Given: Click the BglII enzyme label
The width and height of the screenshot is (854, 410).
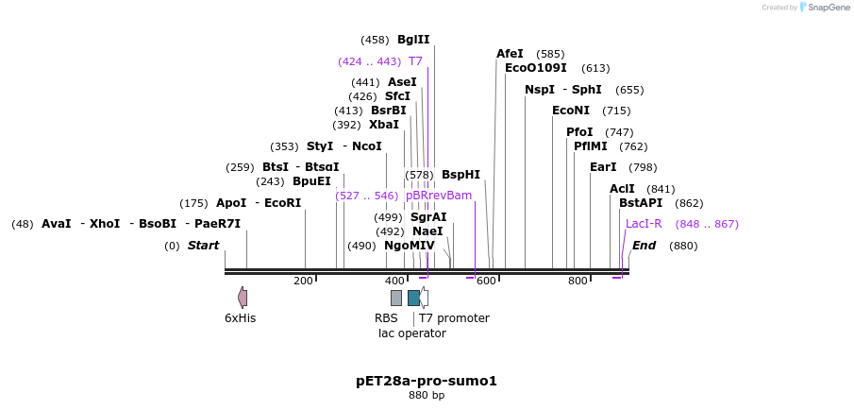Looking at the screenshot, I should click(413, 40).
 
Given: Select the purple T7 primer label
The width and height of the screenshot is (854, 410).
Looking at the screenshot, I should click(415, 61).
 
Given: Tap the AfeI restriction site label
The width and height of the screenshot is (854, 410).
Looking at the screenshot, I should click(510, 54).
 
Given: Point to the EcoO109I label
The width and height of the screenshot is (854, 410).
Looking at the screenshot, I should click(536, 68).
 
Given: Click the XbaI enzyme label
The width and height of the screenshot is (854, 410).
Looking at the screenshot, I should click(384, 125).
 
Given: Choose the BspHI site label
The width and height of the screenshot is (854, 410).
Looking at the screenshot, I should click(460, 175).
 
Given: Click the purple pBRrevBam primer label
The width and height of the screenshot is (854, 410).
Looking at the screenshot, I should click(439, 196).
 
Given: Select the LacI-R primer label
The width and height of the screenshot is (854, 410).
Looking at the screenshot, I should click(644, 224).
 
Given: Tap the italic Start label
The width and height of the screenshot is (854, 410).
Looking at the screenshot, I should click(203, 246).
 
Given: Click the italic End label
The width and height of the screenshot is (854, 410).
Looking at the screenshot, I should click(644, 246).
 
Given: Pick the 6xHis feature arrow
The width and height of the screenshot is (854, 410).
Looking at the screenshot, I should click(243, 298).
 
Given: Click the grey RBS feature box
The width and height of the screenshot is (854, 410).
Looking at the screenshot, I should click(396, 298).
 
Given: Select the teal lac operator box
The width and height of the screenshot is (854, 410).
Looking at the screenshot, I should click(413, 298).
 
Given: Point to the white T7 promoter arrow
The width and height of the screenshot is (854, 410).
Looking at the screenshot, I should click(425, 298).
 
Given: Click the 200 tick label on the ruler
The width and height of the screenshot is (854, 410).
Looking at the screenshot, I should click(303, 282).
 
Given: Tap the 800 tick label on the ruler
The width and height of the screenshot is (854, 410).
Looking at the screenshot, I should click(577, 282).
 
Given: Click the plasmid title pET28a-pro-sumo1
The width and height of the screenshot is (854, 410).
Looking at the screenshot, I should click(427, 381).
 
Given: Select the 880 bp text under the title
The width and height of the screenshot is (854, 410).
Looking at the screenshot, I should click(427, 396).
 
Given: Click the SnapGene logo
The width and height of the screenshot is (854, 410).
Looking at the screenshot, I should click(823, 8).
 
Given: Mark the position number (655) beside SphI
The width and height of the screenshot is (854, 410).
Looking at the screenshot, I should click(629, 90).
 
